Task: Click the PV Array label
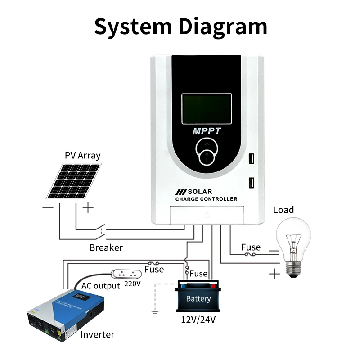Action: click(82, 156)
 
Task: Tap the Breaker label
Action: click(106, 247)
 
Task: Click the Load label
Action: click(283, 210)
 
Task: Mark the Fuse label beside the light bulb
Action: click(251, 247)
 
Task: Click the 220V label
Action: click(133, 284)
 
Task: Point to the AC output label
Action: click(100, 286)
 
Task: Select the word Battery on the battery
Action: click(198, 299)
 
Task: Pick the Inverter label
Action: click(97, 334)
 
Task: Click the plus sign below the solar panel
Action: click(88, 207)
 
